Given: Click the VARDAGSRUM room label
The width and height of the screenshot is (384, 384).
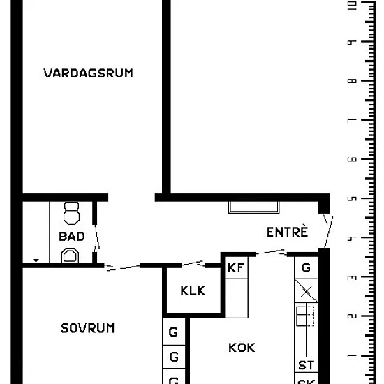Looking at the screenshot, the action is pos(88,73).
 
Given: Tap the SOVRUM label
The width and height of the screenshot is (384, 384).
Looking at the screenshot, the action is pos(87,328).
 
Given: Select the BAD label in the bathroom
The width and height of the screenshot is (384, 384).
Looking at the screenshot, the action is pos(72,236).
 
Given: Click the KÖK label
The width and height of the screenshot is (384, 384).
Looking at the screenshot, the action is pos(242,346).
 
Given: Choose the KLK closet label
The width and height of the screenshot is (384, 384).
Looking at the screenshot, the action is pos(193,290).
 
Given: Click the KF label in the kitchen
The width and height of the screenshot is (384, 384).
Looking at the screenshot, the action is pos(235,267).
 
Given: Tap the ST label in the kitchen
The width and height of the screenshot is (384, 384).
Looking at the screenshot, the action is pos(306,365).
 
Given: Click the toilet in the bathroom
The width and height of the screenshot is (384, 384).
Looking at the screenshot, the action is pos(71,214).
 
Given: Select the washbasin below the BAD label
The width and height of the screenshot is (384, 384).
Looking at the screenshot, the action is pos(70,256).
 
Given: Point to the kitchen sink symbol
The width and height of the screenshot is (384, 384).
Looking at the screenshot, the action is pos(305,316).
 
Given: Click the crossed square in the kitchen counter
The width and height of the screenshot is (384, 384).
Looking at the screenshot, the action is pos(306,291).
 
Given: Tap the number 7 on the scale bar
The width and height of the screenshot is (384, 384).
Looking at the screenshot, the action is pos(352,120).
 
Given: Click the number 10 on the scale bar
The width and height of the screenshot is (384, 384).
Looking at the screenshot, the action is pos(352,6).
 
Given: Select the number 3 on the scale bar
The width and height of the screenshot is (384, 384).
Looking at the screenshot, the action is pos(352,277).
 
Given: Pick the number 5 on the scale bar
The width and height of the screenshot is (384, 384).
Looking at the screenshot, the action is pos(352,198).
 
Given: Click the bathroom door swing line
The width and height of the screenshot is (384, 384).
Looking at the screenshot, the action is pos(97,237).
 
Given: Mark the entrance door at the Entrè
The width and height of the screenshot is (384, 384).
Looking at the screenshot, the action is pos(329,232).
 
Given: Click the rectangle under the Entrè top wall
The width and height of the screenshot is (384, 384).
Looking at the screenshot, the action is pos(253,207).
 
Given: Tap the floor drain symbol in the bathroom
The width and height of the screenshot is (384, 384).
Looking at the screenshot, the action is pos(36,261).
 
